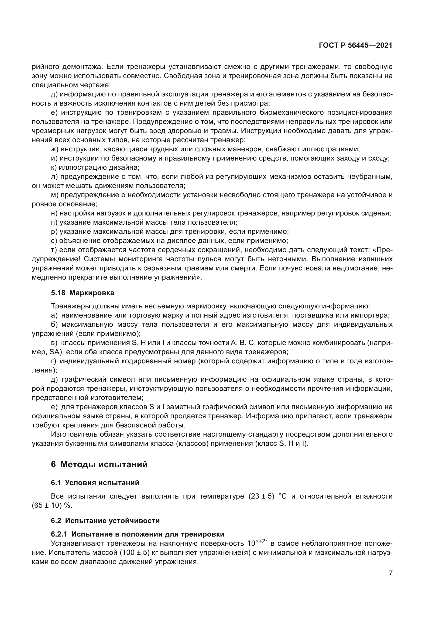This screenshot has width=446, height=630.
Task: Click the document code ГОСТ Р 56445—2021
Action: coord(356,45)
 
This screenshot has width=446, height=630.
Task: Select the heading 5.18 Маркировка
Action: coord(83,293)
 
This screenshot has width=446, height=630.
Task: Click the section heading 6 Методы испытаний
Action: coord(99,464)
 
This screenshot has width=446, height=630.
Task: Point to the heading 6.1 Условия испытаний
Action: coord(95,483)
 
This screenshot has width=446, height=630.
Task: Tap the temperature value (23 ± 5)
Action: coord(262,496)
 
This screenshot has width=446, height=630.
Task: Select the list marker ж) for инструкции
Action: coord(54,149)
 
